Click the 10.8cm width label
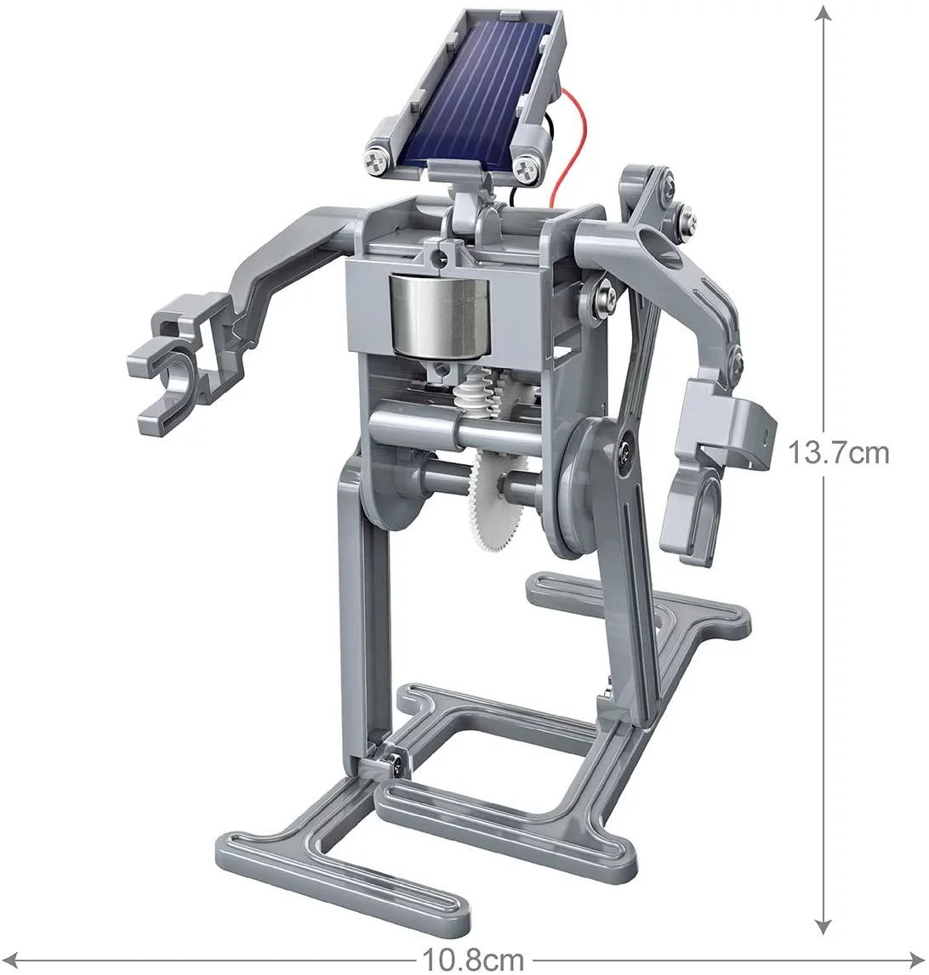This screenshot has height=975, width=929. tap(475, 960)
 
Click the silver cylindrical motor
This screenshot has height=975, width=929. tap(430, 314)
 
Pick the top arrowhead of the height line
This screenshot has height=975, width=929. tap(823, 14)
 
